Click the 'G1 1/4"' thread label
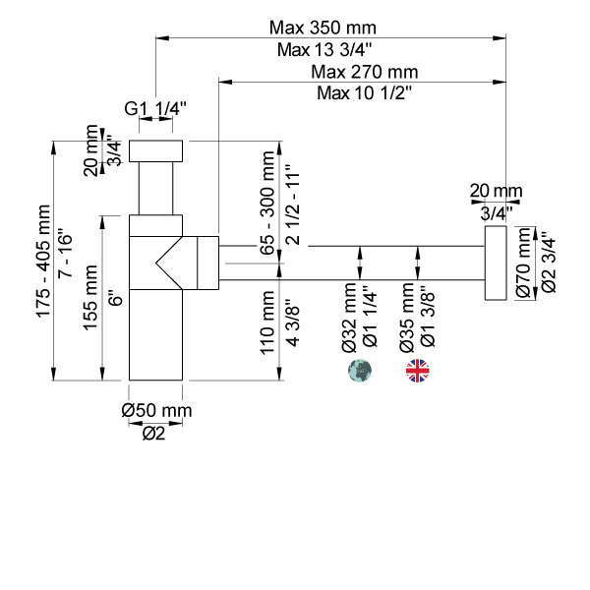155,109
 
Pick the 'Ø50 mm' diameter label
156,410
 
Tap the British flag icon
418,371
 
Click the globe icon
361,371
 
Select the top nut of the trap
157,150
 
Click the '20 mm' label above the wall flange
496,190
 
